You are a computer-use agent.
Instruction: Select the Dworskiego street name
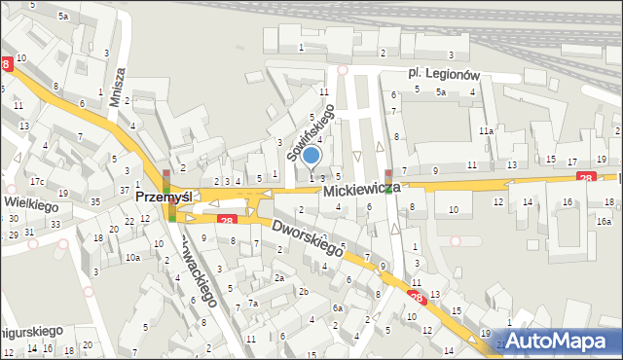point(309,235)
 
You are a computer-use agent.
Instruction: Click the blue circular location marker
point(311,155)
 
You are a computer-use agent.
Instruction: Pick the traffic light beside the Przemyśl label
point(166,182)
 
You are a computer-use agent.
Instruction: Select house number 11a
point(485,129)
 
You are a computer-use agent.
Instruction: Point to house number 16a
point(604,222)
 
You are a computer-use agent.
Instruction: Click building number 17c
point(36,182)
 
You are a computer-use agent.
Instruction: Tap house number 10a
point(131,257)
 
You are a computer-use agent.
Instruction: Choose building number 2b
point(304,291)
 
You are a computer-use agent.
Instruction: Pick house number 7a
point(252,304)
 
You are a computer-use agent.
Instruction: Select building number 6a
point(338,308)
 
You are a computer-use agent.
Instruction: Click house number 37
point(124,189)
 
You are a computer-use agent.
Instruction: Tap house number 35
point(94,201)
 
